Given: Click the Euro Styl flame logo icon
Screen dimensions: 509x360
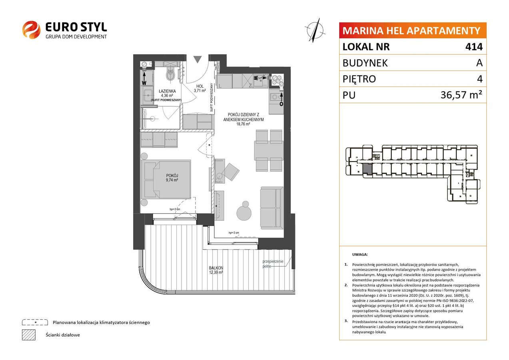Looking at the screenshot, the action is coord(31,30).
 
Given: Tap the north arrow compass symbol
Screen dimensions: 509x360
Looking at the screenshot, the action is coord(315,30).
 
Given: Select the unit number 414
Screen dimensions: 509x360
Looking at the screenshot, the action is coord(474,46).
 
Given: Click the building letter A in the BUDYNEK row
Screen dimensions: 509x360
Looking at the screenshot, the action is coord(479,63).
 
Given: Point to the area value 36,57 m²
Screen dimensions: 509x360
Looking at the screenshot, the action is coord(461,95).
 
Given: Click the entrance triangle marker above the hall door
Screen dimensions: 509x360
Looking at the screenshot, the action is coord(198,59).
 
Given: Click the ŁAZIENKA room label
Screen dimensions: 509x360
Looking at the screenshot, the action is coord(167,91).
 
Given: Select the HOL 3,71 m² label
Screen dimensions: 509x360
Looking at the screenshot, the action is coord(200,88).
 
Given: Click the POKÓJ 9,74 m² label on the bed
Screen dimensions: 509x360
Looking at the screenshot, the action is coord(172,178).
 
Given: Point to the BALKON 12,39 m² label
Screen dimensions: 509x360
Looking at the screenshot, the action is coord(216,270).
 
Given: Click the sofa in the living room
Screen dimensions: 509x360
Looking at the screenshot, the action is coord(272,208).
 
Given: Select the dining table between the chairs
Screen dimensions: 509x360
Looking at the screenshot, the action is coord(269,151).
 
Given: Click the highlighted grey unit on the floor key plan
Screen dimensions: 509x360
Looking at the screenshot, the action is coord(367,170).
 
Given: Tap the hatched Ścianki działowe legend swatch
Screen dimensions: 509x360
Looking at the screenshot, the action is coord(29,335).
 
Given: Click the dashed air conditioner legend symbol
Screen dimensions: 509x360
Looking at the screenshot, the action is coord(35,322).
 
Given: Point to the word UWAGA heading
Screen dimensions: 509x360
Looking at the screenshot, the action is coord(360,254).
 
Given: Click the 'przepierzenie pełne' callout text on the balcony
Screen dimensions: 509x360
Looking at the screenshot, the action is coord(273,264).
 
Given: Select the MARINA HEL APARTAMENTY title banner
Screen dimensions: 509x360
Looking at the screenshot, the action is coord(413,30).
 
